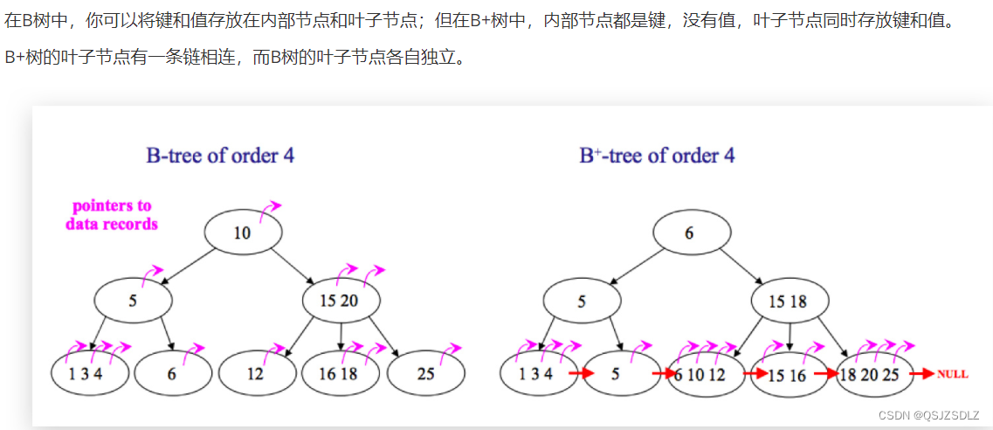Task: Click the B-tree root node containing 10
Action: [x=243, y=232]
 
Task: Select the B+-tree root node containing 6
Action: [x=690, y=232]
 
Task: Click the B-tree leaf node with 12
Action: [x=257, y=373]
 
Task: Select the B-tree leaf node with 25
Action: [x=425, y=373]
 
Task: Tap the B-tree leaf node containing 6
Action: [x=171, y=373]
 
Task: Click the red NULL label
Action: [x=952, y=374]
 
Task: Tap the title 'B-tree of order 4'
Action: [x=220, y=156]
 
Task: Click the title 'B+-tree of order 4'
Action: [x=657, y=156]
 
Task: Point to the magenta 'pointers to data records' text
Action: [x=112, y=215]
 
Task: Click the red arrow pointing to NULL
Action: [x=922, y=374]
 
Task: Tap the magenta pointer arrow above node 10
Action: [x=271, y=208]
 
